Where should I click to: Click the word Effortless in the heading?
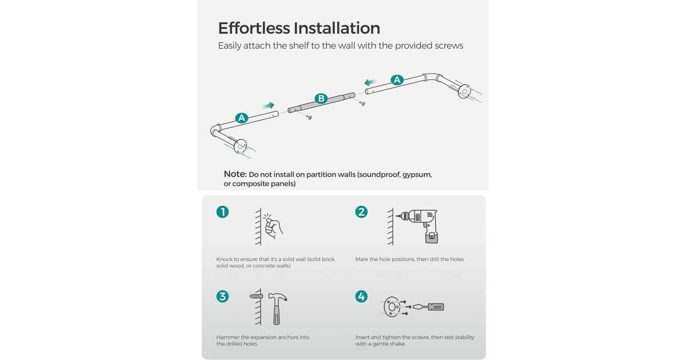254,28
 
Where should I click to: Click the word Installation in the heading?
337,28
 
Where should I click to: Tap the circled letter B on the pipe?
321,98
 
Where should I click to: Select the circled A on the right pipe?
397,80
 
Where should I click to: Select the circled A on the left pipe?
241,118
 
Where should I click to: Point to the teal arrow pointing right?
269,106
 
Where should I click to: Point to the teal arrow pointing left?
370,82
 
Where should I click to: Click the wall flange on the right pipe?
464,91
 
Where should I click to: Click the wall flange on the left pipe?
240,146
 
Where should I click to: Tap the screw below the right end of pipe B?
362,103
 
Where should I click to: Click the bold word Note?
235,174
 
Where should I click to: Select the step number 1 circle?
222,212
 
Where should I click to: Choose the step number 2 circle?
361,212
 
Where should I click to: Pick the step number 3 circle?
222,297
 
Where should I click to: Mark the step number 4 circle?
361,297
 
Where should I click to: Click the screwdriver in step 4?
428,307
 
